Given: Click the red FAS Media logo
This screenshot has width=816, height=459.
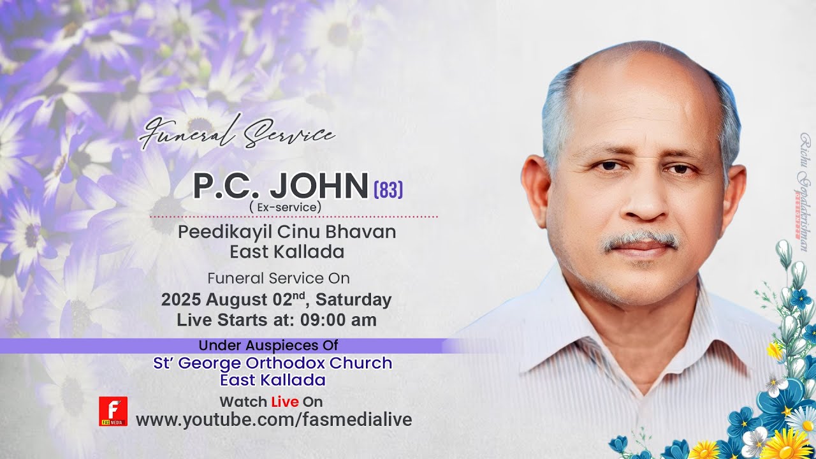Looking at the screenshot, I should point(113,411).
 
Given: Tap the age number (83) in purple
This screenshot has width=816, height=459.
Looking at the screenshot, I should point(388,189).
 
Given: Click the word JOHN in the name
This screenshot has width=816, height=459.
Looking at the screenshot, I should point(319,186).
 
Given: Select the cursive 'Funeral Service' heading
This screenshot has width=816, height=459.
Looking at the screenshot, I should point(237,133).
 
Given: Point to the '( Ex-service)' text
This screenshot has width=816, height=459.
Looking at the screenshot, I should point(286,207).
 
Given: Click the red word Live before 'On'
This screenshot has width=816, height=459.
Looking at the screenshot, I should point(285,402).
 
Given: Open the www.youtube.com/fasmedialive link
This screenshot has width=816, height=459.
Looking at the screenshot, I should point(274,419).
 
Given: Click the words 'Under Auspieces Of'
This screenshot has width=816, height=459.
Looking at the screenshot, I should point(268,346).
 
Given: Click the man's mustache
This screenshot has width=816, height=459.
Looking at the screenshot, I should point(641,239).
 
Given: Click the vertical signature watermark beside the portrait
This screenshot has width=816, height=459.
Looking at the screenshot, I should point(805,191).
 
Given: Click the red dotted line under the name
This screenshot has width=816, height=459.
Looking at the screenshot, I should point(293,217).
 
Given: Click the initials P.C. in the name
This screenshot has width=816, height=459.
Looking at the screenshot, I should point(226,186).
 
